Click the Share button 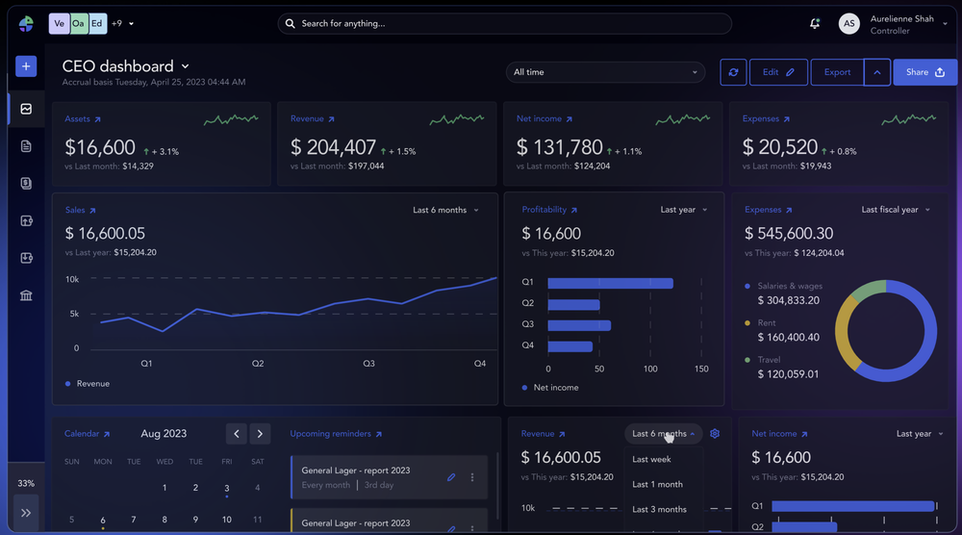924,72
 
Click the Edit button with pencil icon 778,72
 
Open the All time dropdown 605,72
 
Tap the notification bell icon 815,23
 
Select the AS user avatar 848,24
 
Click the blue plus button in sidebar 26,66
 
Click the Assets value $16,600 100,148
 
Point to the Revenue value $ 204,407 333,148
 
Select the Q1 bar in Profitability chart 610,283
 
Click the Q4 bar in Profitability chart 570,345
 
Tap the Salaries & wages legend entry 790,286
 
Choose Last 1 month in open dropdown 657,484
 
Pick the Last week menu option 651,459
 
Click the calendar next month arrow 260,434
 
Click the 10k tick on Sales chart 72,279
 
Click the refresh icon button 733,72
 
